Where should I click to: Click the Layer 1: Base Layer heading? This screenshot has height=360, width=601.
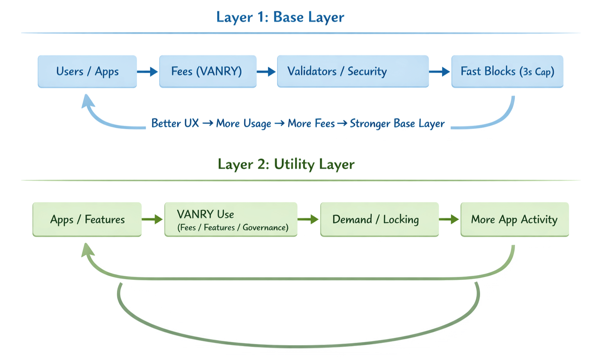280,17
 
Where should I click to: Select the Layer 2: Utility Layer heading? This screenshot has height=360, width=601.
286,164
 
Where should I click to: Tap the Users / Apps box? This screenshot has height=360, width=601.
87,71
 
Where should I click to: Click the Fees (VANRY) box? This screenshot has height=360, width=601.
208,71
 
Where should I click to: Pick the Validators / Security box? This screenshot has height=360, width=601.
353,71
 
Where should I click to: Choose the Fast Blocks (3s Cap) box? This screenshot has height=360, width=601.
507,71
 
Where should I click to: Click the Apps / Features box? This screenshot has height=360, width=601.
87,219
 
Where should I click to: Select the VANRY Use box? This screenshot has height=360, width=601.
230,219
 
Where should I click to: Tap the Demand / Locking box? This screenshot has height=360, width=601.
379,219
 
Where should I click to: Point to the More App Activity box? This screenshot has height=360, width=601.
514,219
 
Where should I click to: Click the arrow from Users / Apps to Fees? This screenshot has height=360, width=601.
148,72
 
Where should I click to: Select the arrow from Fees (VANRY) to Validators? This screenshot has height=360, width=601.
266,72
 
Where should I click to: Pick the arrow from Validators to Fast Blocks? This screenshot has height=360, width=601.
439,72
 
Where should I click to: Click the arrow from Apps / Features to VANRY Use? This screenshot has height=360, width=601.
152,219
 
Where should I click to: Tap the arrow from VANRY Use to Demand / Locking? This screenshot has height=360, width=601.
308,219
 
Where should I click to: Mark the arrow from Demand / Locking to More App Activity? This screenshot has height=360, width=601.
449,219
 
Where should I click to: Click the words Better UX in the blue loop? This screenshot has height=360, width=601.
175,123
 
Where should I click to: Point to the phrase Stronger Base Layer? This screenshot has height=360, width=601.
397,123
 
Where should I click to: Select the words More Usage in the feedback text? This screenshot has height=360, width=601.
243,123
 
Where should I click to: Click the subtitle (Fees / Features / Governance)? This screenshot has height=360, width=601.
233,227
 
